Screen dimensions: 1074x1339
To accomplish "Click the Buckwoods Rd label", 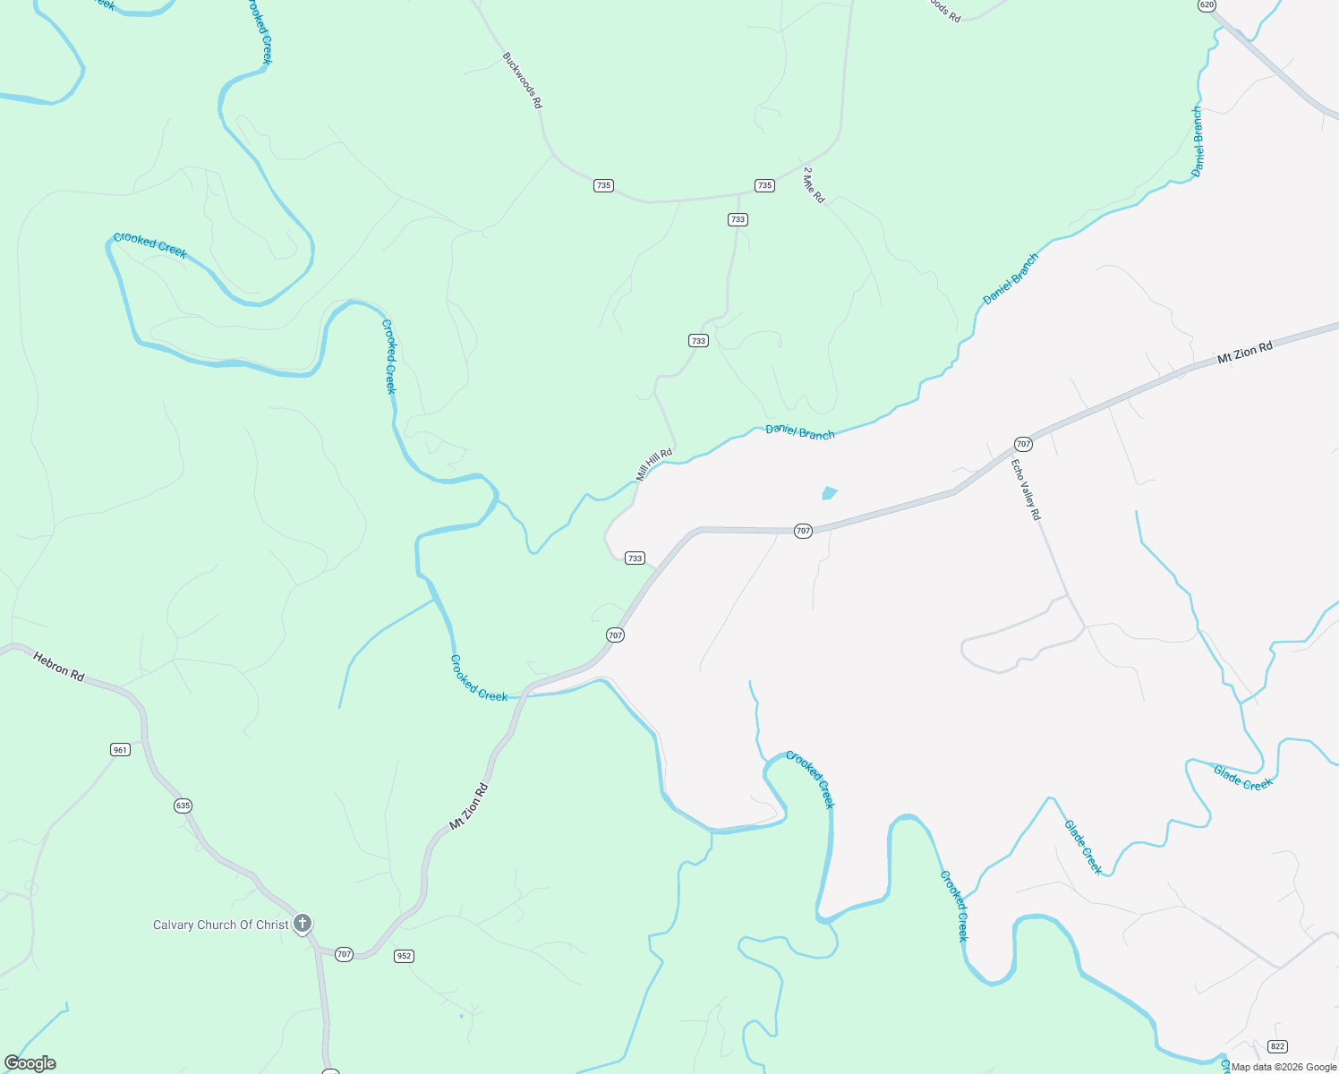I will click(x=522, y=81).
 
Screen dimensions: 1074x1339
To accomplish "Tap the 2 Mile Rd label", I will click(x=814, y=185).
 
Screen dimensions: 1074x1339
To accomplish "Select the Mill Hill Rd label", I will click(x=653, y=465).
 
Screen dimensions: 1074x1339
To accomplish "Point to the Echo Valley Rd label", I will click(x=1026, y=490).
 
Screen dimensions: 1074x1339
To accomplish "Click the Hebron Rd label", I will click(x=59, y=667).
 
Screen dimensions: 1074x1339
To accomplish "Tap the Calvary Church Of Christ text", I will click(x=221, y=925).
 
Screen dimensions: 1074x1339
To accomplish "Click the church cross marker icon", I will click(x=303, y=923).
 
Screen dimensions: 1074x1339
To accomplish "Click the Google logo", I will click(x=30, y=1063).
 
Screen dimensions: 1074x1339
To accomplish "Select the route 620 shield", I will click(x=1207, y=4).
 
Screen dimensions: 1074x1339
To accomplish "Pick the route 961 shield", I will click(x=120, y=749).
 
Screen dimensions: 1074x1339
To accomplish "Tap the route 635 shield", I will click(x=183, y=805).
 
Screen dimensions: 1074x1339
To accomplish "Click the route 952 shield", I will click(x=404, y=956).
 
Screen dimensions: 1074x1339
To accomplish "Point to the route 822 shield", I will click(x=1277, y=1046).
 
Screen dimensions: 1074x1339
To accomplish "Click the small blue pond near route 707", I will click(x=829, y=492).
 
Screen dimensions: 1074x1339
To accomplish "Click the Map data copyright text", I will click(x=1284, y=1067).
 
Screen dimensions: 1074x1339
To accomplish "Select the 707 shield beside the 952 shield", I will click(x=344, y=955).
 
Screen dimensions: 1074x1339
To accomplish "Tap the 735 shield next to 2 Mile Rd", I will click(x=763, y=185).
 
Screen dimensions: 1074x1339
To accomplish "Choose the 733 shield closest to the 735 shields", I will click(x=737, y=219).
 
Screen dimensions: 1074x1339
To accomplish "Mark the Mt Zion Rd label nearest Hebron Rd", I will click(x=468, y=806).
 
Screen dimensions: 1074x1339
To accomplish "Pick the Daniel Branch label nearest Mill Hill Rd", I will click(x=800, y=432).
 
